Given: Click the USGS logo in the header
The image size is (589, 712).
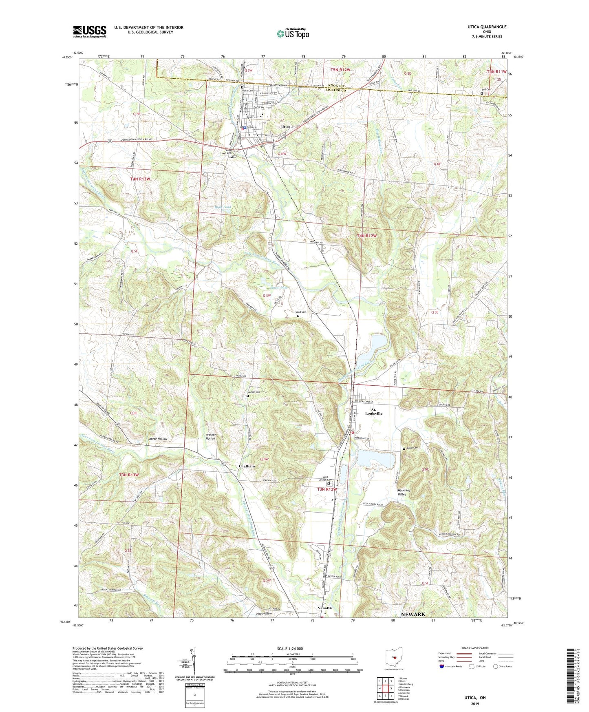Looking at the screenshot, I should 89,31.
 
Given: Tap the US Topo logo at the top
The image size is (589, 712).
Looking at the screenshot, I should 293,33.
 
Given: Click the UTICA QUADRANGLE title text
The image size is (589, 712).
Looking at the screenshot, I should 487,27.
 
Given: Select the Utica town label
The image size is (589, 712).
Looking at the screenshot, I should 286,127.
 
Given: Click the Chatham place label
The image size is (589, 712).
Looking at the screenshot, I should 247,466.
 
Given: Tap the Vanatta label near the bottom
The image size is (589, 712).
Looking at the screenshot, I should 324,608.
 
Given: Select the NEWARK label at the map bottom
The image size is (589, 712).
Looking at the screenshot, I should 413,614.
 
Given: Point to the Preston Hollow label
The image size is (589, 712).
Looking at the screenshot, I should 211,437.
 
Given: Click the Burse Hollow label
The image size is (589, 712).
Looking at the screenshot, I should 158,439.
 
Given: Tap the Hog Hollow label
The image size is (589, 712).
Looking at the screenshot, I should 263,614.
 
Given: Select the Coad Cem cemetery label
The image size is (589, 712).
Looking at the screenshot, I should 301,312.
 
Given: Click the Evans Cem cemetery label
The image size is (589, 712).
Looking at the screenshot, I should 412,448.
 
